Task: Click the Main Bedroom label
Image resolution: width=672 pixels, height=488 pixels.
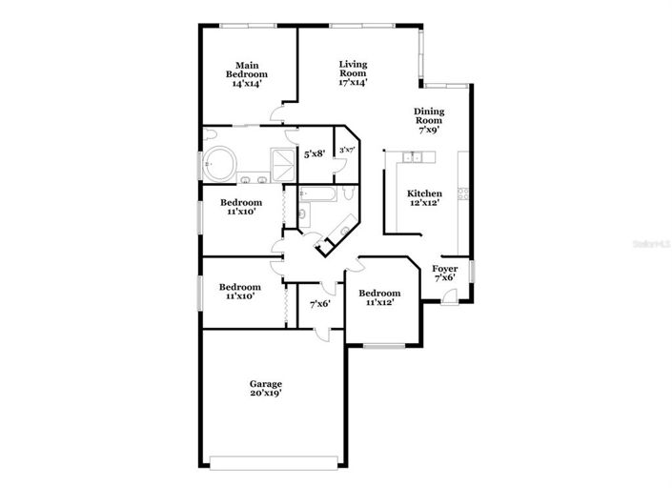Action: [246, 74]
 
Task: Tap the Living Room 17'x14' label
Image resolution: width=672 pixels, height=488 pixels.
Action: [353, 73]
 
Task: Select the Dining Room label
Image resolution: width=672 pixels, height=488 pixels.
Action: [429, 121]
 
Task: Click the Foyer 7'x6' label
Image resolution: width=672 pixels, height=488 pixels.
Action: [445, 274]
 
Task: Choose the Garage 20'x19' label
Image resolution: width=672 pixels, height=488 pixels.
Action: [266, 388]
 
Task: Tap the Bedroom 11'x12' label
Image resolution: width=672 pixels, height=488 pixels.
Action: [382, 297]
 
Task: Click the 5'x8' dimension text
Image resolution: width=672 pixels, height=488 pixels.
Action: [314, 152]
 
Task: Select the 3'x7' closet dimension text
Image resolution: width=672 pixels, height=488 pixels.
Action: [347, 151]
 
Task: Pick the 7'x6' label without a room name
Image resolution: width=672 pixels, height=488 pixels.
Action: [320, 304]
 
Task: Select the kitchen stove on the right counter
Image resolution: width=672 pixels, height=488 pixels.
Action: [463, 194]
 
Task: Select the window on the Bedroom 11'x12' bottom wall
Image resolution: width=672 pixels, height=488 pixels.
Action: [383, 345]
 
